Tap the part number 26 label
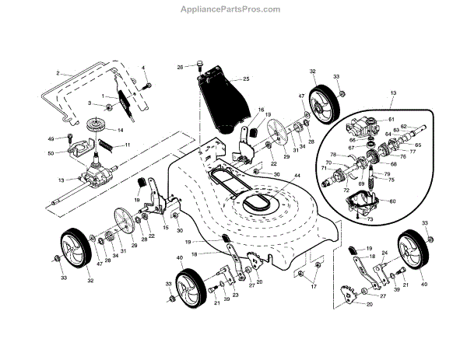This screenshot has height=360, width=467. (180, 68)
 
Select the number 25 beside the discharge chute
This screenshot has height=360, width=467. (247, 79)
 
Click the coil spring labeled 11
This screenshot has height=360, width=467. (102, 145)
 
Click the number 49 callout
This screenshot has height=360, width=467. (52, 139)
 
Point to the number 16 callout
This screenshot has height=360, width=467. (261, 110)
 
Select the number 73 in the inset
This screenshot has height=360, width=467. (371, 219)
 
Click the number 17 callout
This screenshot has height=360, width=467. (315, 288)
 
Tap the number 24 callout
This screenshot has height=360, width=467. (384, 253)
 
